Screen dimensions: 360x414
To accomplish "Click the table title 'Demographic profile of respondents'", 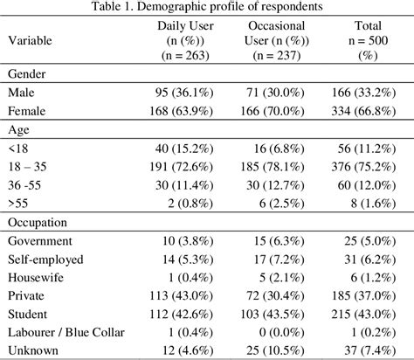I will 207,7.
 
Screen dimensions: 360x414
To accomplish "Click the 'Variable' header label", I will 31,40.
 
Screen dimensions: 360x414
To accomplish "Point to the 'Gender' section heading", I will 28,74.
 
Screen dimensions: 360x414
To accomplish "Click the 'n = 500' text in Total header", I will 368,40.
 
